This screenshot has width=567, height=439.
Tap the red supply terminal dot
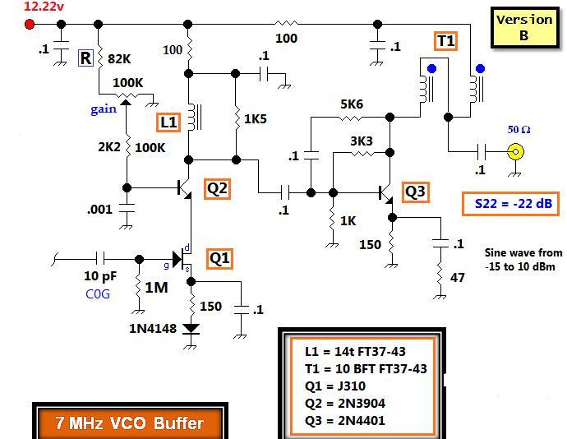click(30, 24)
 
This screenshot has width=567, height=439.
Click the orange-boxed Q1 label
click(221, 259)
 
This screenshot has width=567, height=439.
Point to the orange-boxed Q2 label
click(218, 189)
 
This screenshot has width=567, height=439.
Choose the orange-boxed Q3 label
click(415, 192)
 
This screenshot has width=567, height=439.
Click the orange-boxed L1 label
click(168, 122)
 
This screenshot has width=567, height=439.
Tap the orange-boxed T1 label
click(445, 41)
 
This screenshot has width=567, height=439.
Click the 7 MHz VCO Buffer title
click(129, 423)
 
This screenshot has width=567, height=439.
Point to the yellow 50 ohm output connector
click(516, 151)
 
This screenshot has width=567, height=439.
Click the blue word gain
click(103, 109)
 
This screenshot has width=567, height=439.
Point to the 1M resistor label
click(157, 288)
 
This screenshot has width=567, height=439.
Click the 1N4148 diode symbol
click(191, 329)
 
